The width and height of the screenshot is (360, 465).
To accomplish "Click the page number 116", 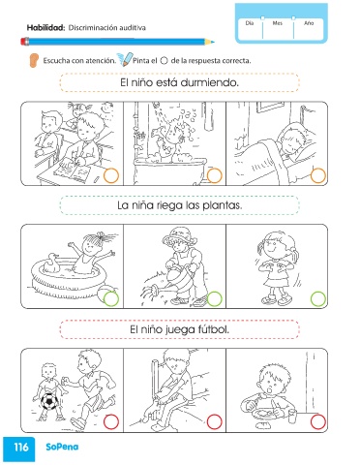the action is (21, 448).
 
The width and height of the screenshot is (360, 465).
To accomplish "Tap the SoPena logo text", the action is (62, 447).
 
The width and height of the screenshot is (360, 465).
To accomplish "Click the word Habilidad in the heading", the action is (45, 28).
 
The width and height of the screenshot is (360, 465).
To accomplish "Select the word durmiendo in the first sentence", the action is (210, 82).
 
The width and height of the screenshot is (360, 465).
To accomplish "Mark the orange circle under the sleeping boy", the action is (318, 176).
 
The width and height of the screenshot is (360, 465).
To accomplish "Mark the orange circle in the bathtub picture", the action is (214, 176).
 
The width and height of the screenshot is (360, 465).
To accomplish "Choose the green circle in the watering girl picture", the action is (214, 299).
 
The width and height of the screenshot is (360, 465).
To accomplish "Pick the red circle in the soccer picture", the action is (111, 422).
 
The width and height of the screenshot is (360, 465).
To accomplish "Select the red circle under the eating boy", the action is (318, 422).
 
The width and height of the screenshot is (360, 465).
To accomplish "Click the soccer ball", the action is (49, 401).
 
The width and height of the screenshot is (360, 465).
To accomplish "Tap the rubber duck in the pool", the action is (51, 263).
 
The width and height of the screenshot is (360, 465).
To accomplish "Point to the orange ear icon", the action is (34, 60).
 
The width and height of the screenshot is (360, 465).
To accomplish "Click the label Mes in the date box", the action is (278, 23).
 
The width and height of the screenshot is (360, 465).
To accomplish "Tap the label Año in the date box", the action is (309, 23).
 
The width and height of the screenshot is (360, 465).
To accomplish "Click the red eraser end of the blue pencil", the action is (25, 42).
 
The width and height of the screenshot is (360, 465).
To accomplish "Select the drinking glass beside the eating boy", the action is (292, 416).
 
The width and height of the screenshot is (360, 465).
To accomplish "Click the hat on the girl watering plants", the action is (178, 234).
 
